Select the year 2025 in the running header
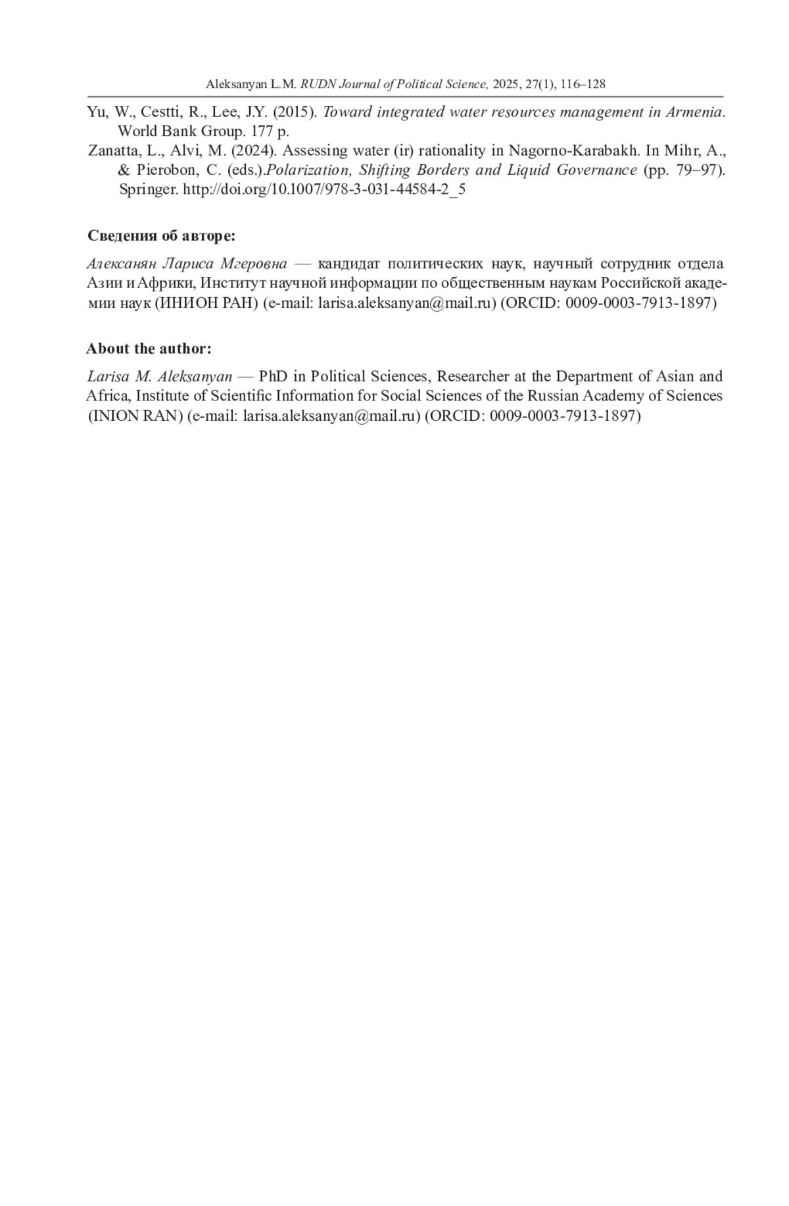click(x=505, y=84)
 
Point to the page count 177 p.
click(x=270, y=131)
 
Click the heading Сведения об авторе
click(x=161, y=236)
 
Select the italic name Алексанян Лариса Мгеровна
click(x=187, y=264)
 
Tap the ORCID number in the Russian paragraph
click(x=640, y=303)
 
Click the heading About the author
click(x=149, y=349)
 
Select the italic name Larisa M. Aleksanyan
click(x=160, y=377)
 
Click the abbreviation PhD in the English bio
click(x=274, y=377)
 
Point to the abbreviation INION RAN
click(x=135, y=416)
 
